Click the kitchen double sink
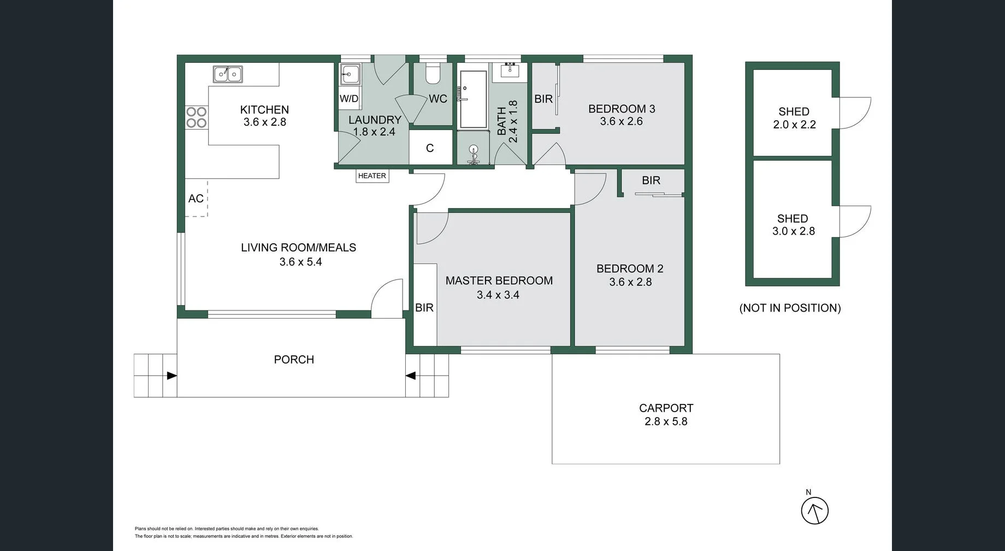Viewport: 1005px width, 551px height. click(228, 74)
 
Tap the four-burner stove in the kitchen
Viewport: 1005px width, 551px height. click(197, 117)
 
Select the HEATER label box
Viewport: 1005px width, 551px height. click(373, 176)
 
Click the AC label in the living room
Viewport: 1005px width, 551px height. click(196, 198)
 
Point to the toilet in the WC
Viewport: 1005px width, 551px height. click(433, 74)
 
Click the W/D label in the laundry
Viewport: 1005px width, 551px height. click(349, 99)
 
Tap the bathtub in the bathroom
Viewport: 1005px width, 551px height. click(473, 99)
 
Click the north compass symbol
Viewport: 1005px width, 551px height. click(814, 511)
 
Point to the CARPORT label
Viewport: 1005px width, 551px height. click(666, 408)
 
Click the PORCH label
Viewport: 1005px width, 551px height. click(294, 360)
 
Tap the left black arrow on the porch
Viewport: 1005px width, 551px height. click(172, 376)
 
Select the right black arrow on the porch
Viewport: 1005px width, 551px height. click(411, 376)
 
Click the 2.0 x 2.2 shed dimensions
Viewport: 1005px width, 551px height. click(794, 125)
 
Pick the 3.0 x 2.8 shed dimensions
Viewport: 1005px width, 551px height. click(793, 231)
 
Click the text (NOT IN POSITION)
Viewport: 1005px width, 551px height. click(790, 308)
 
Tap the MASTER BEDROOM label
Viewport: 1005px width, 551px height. click(499, 280)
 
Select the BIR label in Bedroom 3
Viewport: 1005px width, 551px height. click(543, 99)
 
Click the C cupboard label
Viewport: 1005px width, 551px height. click(430, 148)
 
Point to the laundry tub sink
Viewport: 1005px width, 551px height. click(350, 74)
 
